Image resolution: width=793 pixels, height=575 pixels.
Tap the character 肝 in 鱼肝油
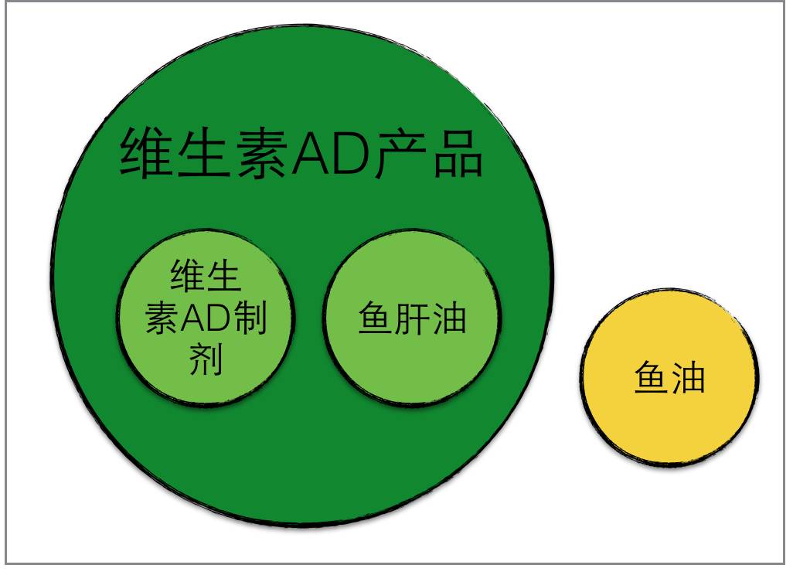[412, 317]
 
